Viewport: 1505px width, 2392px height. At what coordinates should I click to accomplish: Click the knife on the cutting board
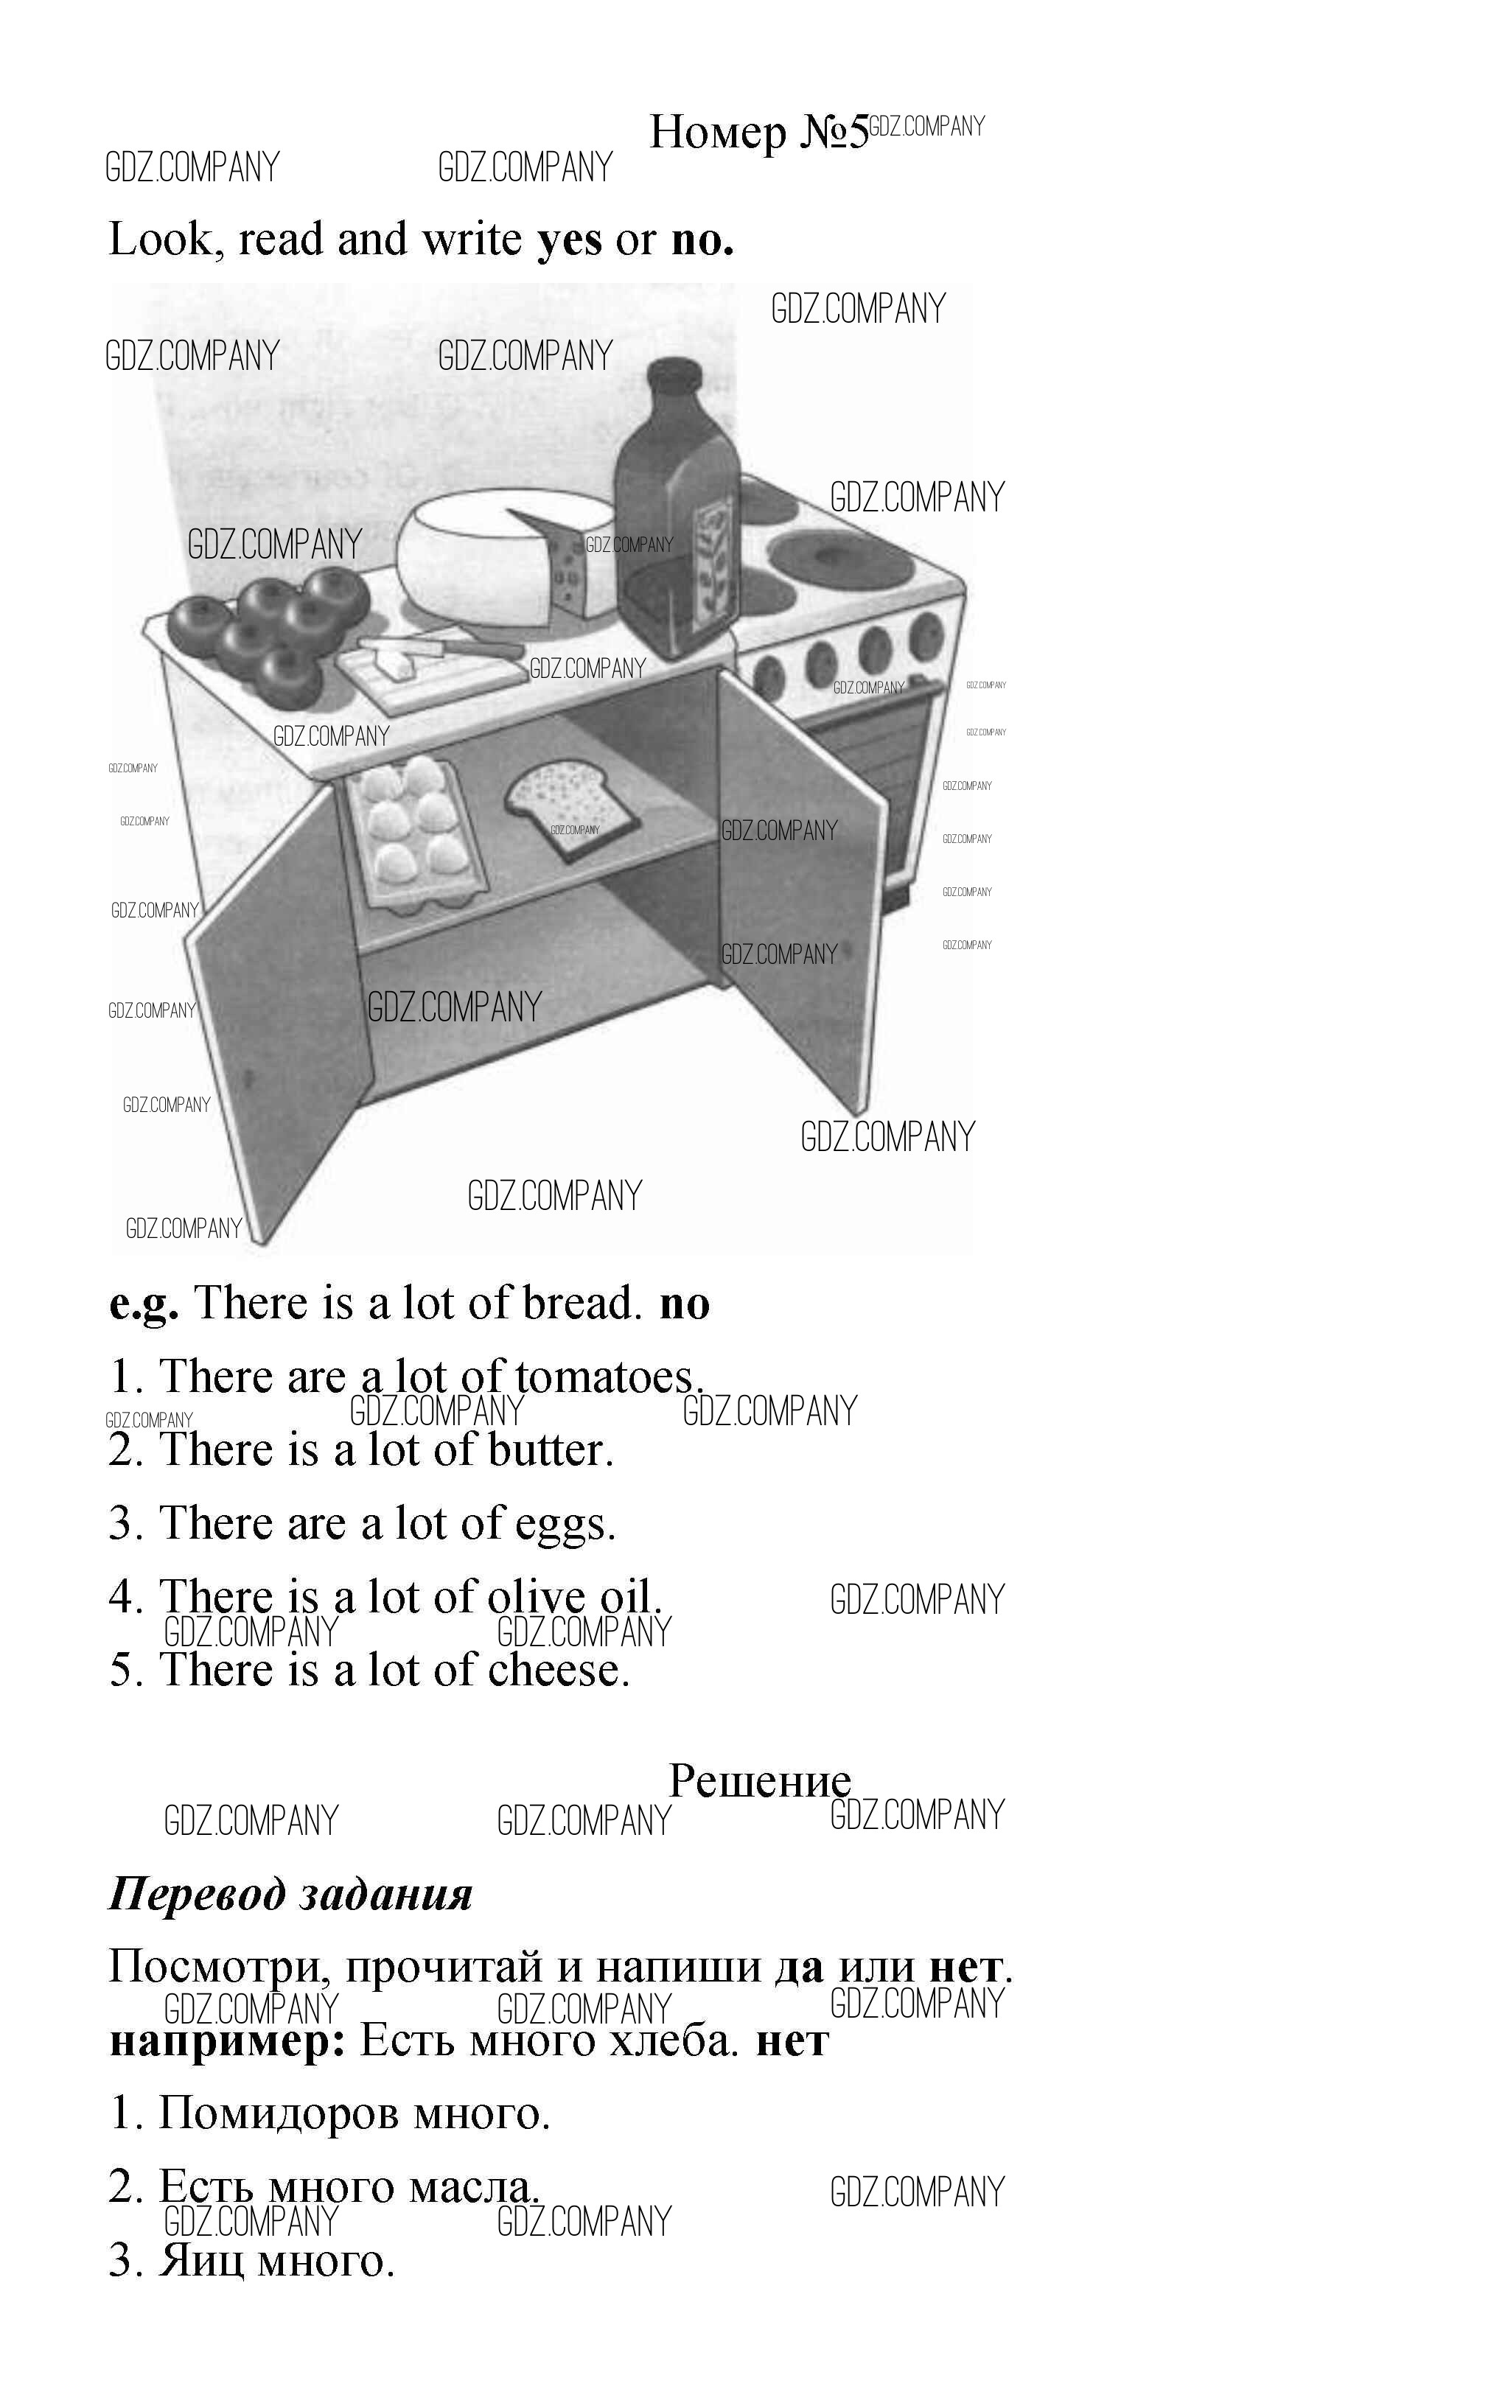[x=467, y=651]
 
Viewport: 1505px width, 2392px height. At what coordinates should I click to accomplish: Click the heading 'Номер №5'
[x=758, y=131]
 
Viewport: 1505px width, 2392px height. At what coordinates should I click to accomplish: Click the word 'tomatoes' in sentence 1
[x=609, y=1377]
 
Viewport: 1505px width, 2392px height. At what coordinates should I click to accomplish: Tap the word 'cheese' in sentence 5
[x=559, y=1671]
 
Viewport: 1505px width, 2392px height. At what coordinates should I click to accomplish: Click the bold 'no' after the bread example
[x=685, y=1305]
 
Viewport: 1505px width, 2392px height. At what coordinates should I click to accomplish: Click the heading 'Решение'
[x=760, y=1782]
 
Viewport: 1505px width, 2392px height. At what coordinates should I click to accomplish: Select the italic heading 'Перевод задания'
[x=291, y=1895]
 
